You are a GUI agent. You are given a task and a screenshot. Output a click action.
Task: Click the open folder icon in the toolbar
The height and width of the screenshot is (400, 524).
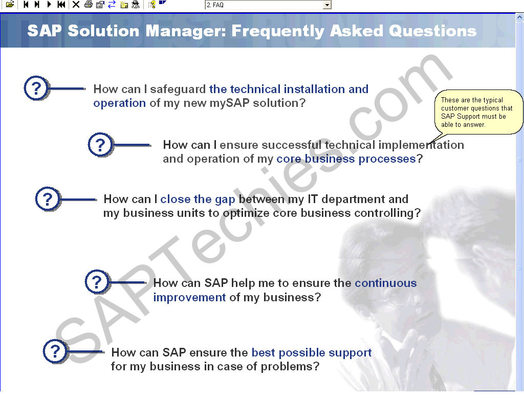click(10, 4)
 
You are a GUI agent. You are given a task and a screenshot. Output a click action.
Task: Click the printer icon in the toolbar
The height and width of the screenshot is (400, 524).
click(88, 4)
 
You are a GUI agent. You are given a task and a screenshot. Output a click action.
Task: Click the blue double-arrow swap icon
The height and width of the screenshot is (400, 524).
click(112, 4)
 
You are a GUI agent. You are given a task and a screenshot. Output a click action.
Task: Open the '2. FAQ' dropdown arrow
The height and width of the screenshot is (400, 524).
click(327, 5)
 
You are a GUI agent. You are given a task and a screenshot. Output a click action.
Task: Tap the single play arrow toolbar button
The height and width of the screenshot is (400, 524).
click(49, 4)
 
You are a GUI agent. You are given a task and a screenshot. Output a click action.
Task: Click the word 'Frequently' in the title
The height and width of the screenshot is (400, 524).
click(278, 31)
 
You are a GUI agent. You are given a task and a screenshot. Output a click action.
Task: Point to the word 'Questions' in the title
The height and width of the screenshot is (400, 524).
click(432, 31)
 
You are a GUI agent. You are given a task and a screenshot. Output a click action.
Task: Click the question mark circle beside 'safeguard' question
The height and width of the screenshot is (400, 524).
click(36, 88)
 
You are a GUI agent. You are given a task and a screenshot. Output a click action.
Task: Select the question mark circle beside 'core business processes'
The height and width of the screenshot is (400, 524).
click(101, 145)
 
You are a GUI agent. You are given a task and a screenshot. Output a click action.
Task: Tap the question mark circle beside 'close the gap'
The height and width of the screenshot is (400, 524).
click(48, 199)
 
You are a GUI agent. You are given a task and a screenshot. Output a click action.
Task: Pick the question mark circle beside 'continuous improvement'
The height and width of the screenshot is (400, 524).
click(97, 282)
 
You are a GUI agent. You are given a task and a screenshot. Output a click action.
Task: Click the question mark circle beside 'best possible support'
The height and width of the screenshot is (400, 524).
click(55, 351)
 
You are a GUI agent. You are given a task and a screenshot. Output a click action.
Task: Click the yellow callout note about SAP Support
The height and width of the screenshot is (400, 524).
click(478, 112)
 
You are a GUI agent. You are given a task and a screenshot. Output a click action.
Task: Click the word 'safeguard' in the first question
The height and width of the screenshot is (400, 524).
click(178, 90)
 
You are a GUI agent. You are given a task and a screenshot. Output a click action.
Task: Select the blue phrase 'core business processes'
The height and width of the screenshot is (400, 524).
click(346, 159)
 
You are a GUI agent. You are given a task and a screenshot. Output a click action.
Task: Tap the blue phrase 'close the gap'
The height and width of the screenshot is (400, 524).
click(198, 199)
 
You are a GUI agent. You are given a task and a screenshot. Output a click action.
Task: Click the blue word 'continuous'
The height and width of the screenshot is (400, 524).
click(386, 283)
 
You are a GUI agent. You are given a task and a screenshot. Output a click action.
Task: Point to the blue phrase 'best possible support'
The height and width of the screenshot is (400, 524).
click(312, 353)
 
